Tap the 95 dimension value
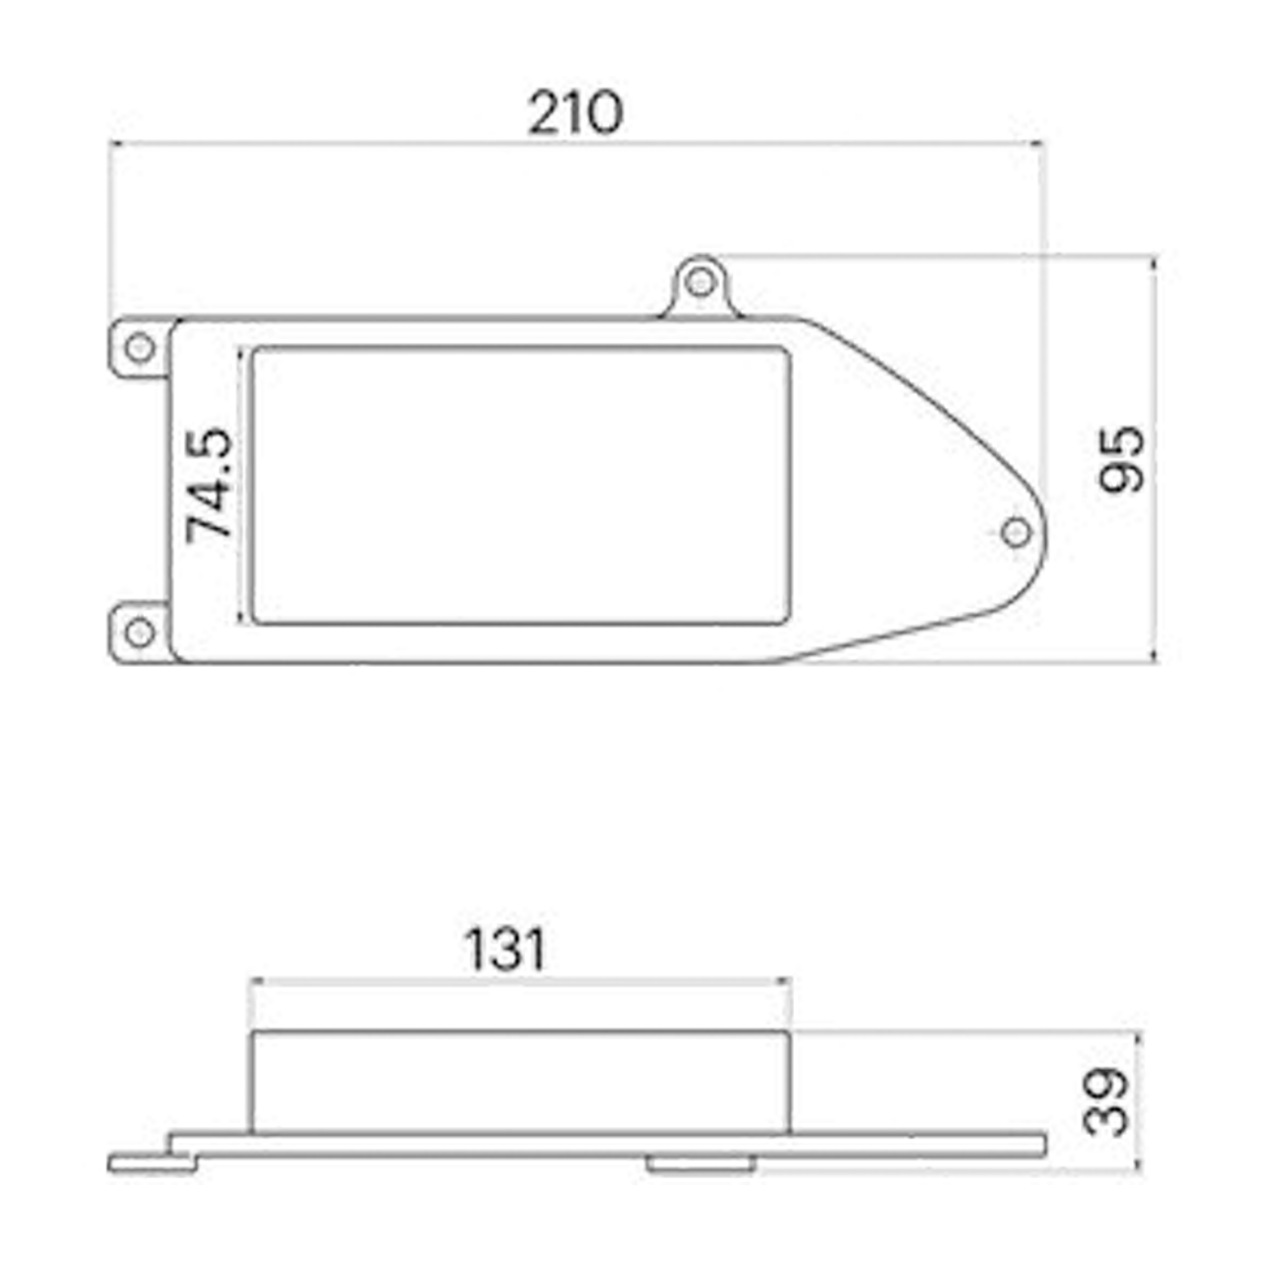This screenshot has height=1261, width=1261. click(x=1122, y=459)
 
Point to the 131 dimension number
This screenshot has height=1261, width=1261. click(x=504, y=950)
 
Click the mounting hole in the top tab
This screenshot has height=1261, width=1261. click(x=700, y=283)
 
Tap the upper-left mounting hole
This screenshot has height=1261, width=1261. click(x=139, y=348)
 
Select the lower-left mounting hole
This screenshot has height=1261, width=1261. click(x=139, y=632)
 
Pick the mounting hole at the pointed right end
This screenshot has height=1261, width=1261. click(x=1016, y=533)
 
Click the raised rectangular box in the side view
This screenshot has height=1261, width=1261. click(x=521, y=1082)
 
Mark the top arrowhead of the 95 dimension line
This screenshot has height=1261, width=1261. click(x=1154, y=261)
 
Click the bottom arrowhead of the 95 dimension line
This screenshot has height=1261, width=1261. click(x=1154, y=658)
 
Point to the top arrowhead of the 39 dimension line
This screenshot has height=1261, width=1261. click(x=1139, y=1035)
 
